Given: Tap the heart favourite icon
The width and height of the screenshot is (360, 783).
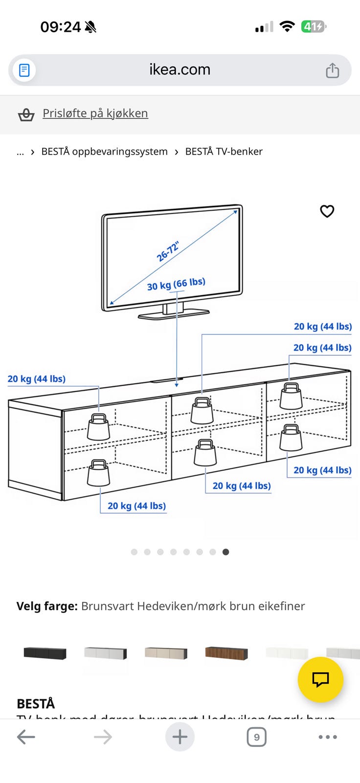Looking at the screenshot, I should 327,211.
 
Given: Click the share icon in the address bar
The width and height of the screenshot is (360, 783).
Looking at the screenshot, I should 332,70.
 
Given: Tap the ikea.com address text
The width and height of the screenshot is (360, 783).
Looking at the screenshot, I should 180,69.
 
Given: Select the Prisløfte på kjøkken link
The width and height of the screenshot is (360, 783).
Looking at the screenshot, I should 95,113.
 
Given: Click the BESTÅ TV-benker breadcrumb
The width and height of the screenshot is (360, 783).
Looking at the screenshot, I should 224,152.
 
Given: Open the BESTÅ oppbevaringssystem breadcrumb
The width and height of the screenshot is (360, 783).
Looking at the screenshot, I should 104,152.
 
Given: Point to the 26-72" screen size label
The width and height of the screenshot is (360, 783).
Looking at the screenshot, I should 168,251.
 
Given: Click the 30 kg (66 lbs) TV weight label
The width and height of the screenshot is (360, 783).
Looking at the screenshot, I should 176,284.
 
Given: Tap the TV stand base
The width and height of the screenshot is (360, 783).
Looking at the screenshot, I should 174,314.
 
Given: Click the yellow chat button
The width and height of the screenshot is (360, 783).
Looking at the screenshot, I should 320,679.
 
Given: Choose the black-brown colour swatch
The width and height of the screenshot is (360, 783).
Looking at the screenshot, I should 45,653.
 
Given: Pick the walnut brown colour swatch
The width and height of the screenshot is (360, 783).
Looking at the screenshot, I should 226,653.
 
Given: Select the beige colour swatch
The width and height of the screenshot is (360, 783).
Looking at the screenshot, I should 166,653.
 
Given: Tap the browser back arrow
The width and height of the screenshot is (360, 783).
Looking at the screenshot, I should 26,737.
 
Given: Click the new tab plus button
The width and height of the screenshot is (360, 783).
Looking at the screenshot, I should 180,737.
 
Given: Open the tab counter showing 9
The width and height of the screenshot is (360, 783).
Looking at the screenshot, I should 256,737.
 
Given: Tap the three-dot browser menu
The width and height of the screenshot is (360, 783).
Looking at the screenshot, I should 327,737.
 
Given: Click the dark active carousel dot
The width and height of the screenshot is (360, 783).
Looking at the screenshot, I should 225,552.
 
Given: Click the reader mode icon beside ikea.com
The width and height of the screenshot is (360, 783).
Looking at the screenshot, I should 24,70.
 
